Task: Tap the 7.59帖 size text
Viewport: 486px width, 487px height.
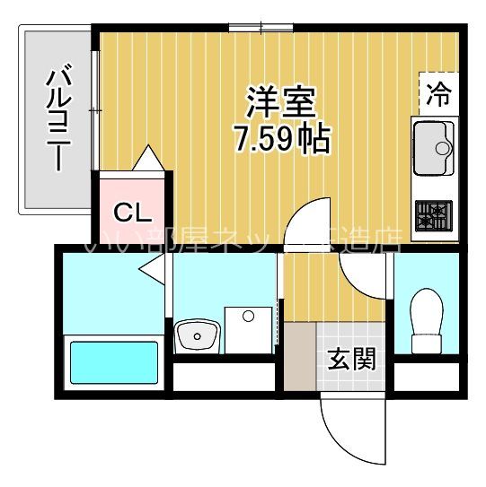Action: [x=281, y=139]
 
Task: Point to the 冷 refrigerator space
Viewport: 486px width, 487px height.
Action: [x=439, y=91]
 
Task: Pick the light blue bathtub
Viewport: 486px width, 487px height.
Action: [x=114, y=363]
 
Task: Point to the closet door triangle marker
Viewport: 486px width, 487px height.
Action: [x=148, y=160]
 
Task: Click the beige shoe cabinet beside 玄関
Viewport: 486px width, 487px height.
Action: [x=300, y=354]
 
